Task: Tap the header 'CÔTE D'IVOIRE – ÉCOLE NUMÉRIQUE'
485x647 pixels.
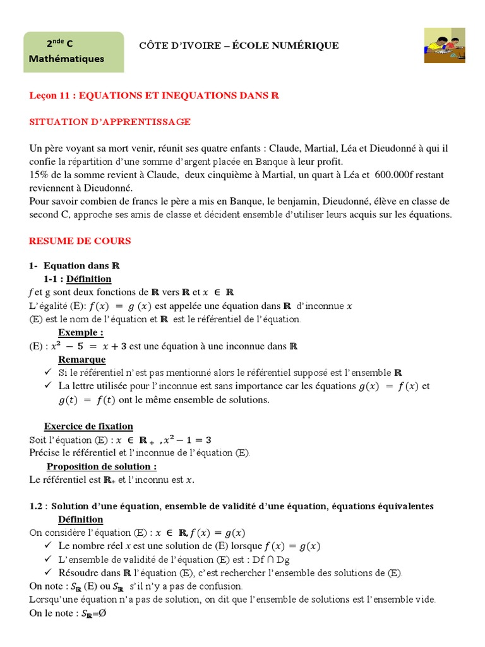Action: click(x=239, y=45)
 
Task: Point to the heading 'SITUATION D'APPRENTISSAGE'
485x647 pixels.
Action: click(x=110, y=121)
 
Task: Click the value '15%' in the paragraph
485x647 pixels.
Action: click(x=39, y=175)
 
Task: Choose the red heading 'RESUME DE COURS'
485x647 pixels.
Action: click(x=80, y=241)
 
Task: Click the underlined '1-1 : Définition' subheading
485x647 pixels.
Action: click(x=78, y=279)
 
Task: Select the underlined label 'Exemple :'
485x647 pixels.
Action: click(x=81, y=332)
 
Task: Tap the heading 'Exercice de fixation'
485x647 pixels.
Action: click(x=88, y=426)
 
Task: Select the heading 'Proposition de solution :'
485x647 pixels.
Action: click(x=102, y=466)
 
